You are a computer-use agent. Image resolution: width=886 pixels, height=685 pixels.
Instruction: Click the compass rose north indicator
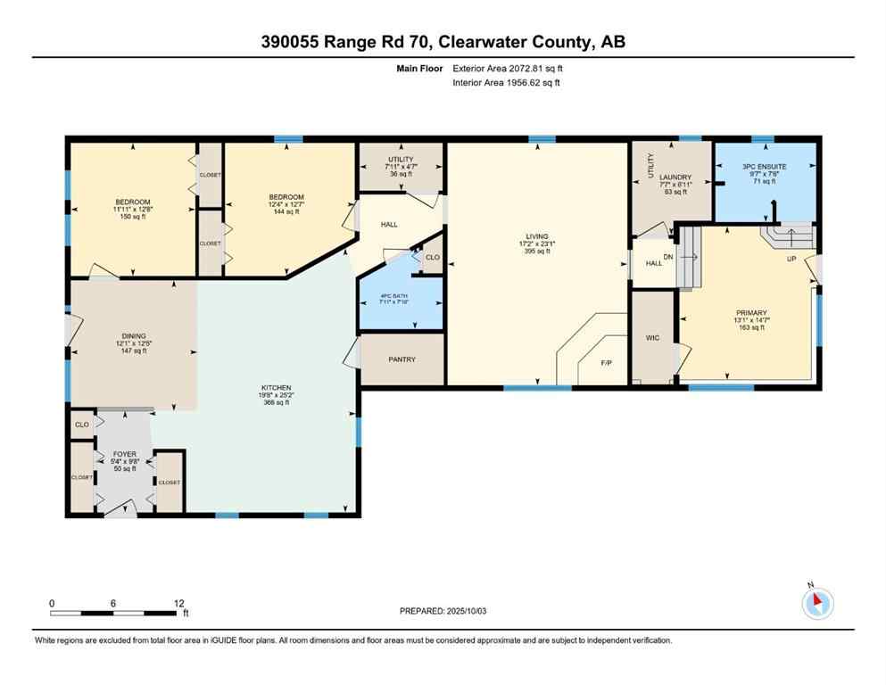pyautogui.click(x=817, y=603)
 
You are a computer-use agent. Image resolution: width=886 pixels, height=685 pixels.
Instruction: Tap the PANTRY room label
pyautogui.click(x=402, y=359)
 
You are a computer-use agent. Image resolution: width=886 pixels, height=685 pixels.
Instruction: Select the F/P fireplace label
pyautogui.click(x=606, y=363)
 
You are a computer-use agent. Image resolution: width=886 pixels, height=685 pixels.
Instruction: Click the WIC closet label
pyautogui.click(x=652, y=338)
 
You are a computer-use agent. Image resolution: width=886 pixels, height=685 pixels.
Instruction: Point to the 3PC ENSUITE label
pyautogui.click(x=764, y=167)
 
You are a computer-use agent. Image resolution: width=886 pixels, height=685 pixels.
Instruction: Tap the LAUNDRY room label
pyautogui.click(x=675, y=177)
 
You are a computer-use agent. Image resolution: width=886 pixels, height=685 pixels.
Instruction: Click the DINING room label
pyautogui.click(x=133, y=336)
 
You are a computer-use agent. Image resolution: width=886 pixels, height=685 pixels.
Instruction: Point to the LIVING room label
pyautogui.click(x=536, y=236)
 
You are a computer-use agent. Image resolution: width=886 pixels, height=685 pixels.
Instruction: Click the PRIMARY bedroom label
pyautogui.click(x=750, y=313)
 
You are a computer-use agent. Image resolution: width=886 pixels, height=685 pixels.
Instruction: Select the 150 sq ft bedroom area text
pyautogui.click(x=132, y=217)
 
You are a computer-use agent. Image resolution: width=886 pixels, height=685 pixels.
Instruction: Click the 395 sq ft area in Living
pyautogui.click(x=536, y=252)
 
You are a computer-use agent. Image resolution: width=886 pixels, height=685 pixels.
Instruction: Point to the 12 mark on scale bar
pyautogui.click(x=178, y=603)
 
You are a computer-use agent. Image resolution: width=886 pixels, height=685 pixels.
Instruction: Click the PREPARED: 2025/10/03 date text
pyautogui.click(x=443, y=611)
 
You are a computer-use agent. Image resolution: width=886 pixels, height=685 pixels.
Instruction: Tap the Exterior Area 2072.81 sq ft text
pyautogui.click(x=508, y=68)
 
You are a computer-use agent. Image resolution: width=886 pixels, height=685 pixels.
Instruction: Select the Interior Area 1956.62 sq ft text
pyautogui.click(x=506, y=82)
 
